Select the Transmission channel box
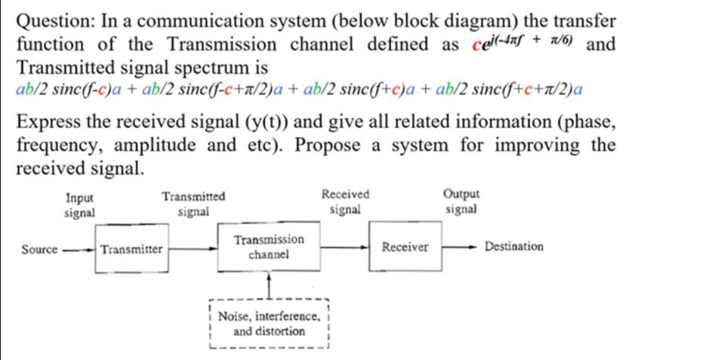tap(269, 248)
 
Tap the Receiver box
tap(405, 248)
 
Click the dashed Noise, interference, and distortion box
tap(269, 325)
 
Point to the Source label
tap(39, 248)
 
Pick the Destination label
tap(513, 247)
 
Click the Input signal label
tap(80, 205)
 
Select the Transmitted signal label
tap(193, 205)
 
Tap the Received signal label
tap(345, 203)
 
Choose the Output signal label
tap(461, 203)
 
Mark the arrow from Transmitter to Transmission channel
tap(193, 247)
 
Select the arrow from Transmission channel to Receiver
tap(345, 247)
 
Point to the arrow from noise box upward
tap(269, 287)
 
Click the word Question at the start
tap(52, 20)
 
